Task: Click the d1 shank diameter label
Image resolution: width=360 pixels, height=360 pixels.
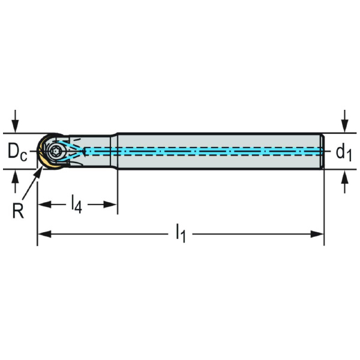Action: pyautogui.click(x=343, y=153)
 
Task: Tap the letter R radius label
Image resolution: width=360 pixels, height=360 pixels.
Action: pyautogui.click(x=18, y=211)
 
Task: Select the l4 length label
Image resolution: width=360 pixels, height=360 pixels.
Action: pyautogui.click(x=76, y=205)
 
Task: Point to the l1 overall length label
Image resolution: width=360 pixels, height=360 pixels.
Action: pyautogui.click(x=181, y=232)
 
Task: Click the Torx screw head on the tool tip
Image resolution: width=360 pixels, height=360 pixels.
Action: pyautogui.click(x=56, y=151)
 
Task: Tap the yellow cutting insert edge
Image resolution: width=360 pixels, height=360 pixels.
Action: pyautogui.click(x=42, y=160)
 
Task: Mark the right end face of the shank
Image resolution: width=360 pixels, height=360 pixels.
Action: pyautogui.click(x=323, y=151)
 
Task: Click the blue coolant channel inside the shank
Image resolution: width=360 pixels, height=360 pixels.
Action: pyautogui.click(x=210, y=151)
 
